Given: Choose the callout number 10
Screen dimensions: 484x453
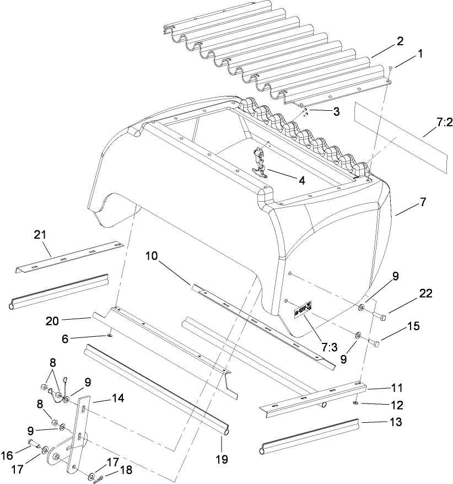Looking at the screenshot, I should coord(152,255).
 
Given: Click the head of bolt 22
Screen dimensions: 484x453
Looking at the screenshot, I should coord(384,316).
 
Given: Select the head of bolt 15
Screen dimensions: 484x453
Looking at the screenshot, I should coord(377,343).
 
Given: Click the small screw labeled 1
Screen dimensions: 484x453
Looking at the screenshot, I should coord(390,68).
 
